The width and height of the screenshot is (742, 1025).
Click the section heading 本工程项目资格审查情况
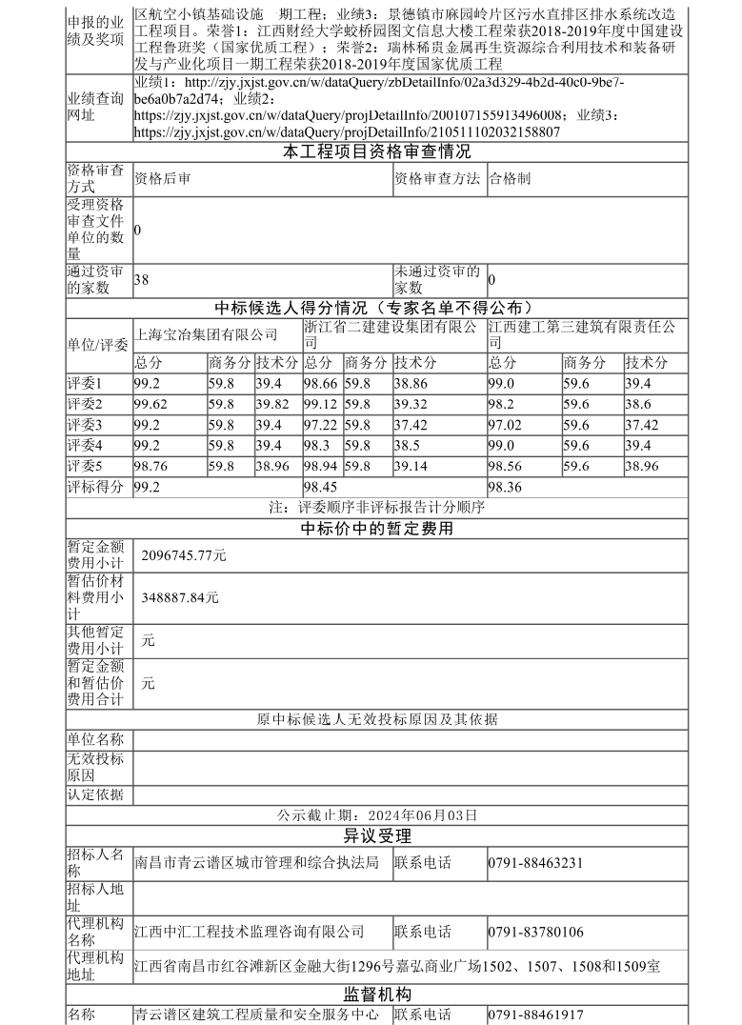click(x=376, y=151)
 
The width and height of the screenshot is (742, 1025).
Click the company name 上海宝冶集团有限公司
click(x=206, y=334)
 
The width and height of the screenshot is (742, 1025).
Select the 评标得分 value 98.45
click(x=322, y=487)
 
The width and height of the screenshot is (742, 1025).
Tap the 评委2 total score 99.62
click(x=150, y=404)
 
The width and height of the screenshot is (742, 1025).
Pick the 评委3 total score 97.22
click(x=321, y=424)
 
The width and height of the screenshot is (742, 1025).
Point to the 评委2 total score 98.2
click(x=501, y=404)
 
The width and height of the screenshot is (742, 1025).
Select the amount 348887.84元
click(x=180, y=597)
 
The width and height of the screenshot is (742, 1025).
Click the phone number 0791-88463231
click(x=535, y=863)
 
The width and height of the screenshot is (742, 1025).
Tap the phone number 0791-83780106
click(x=535, y=932)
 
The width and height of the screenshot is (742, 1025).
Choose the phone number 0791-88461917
click(x=535, y=1015)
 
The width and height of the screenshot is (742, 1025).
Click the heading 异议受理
click(x=376, y=836)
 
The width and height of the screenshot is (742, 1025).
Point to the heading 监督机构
click(x=376, y=994)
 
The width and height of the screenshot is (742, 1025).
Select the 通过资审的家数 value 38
click(x=142, y=280)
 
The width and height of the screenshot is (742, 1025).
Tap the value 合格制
click(x=510, y=177)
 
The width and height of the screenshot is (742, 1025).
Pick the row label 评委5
click(x=84, y=466)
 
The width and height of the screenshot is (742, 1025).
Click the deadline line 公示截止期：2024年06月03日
click(x=376, y=815)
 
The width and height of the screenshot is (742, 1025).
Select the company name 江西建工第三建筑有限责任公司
click(x=582, y=334)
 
